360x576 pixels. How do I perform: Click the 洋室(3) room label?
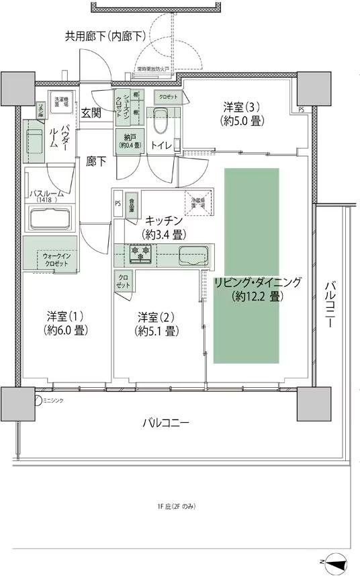click(x=242, y=114)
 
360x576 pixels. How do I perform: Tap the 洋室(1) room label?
click(x=68, y=323)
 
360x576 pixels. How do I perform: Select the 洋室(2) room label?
click(x=156, y=323)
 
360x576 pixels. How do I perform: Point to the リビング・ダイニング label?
click(x=258, y=288)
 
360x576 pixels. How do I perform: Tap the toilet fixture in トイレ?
click(x=161, y=123)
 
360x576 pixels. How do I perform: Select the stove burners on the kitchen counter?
click(x=142, y=253)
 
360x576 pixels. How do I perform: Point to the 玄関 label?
click(x=91, y=114)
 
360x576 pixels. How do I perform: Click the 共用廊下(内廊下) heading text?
click(x=105, y=36)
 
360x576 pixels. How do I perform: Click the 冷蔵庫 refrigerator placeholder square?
click(x=199, y=204)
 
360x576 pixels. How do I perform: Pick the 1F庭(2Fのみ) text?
click(x=177, y=506)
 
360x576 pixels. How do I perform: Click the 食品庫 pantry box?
click(x=132, y=204)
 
